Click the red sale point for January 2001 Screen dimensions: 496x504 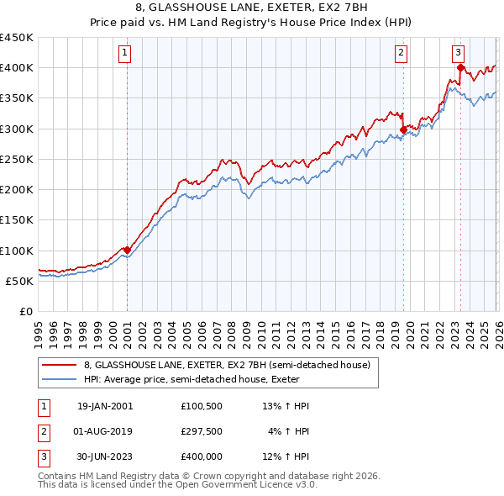pos(127,250)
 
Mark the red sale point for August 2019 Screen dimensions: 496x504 pos(403,129)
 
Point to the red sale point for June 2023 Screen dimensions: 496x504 pos(460,67)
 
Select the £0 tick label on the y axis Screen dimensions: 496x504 pos(25,311)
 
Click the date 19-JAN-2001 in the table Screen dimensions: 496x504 pos(104,406)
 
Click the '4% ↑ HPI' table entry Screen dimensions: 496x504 pos(289,432)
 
